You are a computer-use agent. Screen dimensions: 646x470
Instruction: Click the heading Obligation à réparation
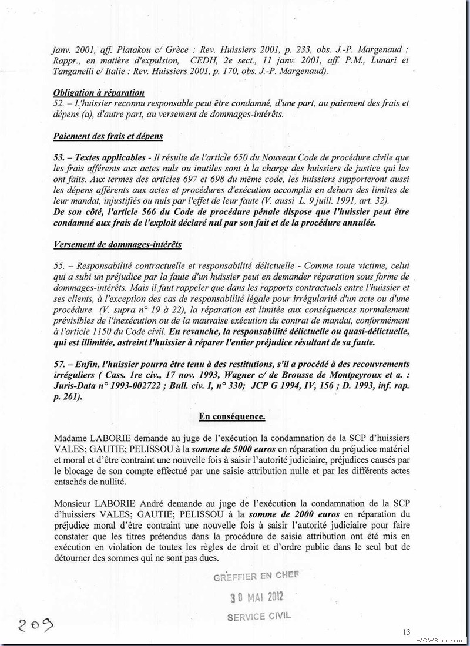tap(99, 93)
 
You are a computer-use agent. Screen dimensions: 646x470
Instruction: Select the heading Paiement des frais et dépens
tap(108, 136)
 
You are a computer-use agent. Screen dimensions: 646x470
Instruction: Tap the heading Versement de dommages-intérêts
tap(109, 244)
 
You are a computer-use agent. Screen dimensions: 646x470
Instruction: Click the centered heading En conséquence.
tap(232, 416)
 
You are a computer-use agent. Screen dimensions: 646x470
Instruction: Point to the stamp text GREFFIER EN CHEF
tap(256, 576)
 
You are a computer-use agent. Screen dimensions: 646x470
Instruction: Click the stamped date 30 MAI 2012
tap(257, 597)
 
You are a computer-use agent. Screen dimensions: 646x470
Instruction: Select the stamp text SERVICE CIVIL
tap(258, 617)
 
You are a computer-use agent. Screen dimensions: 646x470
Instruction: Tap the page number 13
tap(406, 632)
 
